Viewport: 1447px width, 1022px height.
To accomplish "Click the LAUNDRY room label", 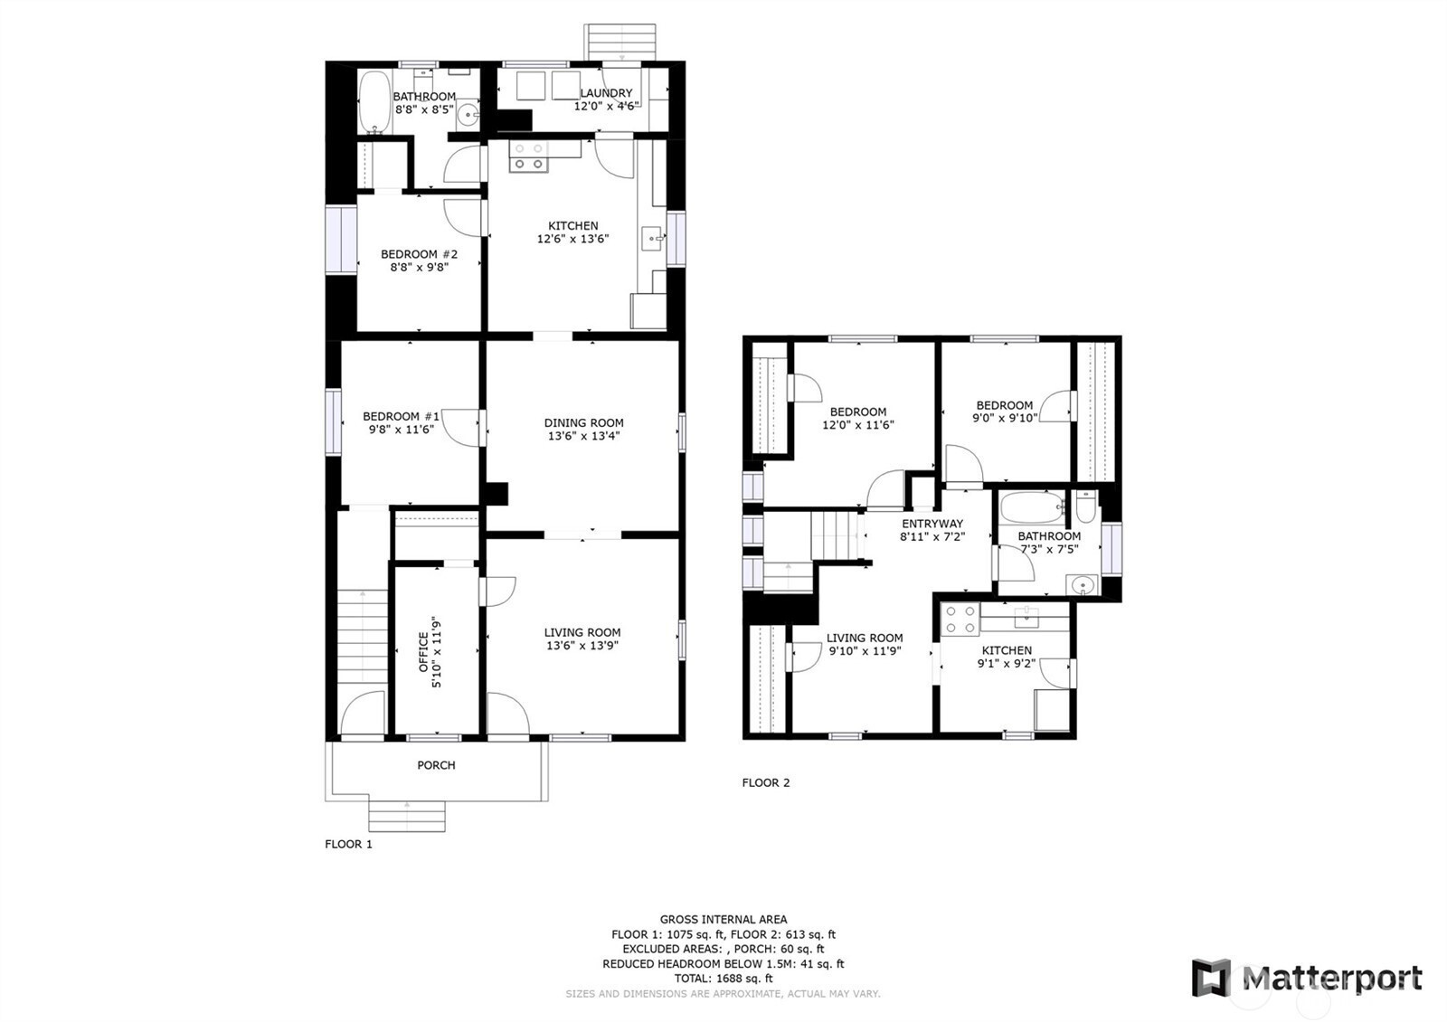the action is pyautogui.click(x=606, y=93).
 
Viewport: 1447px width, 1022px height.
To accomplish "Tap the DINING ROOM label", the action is pyautogui.click(x=583, y=422).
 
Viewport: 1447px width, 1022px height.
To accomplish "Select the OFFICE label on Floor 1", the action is pyautogui.click(x=423, y=652).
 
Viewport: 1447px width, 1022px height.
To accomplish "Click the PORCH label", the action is pyautogui.click(x=436, y=765).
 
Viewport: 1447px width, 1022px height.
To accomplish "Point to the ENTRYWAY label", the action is pyautogui.click(x=932, y=524).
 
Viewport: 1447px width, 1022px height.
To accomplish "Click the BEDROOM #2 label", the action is pyautogui.click(x=419, y=254).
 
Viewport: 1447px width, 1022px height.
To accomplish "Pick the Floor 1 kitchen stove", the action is pyautogui.click(x=528, y=157).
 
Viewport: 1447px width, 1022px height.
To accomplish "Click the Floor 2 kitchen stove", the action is pyautogui.click(x=960, y=619).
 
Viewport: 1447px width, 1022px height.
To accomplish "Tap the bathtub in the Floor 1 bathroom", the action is pyautogui.click(x=374, y=102).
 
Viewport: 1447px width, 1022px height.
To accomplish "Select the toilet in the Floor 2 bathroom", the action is pyautogui.click(x=1086, y=506).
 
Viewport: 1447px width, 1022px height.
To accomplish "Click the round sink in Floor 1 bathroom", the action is pyautogui.click(x=468, y=117).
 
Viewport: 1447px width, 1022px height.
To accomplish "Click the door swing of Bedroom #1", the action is pyautogui.click(x=461, y=428).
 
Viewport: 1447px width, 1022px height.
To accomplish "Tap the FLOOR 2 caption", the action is pyautogui.click(x=765, y=783).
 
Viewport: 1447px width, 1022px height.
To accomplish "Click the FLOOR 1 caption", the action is pyautogui.click(x=348, y=844).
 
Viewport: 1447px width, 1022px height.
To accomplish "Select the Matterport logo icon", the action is pyautogui.click(x=1211, y=978).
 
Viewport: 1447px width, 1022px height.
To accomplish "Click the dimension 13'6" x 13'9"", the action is pyautogui.click(x=582, y=646).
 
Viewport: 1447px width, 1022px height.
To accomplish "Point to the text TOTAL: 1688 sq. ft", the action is pyautogui.click(x=723, y=978).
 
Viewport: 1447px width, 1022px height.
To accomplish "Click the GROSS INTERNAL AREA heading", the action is pyautogui.click(x=723, y=919).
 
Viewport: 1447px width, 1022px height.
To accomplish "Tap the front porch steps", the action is pyautogui.click(x=407, y=817).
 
